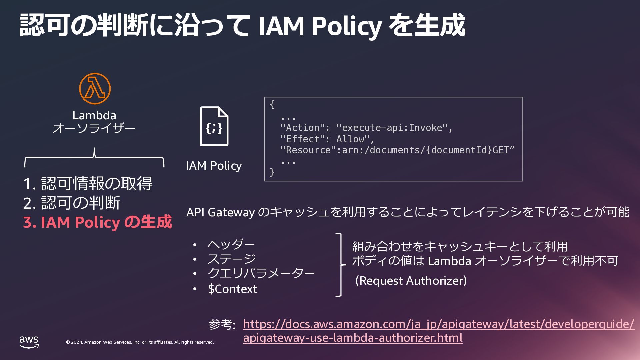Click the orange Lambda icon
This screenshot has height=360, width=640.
95,89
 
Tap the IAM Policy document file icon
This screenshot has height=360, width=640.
214,126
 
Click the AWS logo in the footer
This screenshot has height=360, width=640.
29,342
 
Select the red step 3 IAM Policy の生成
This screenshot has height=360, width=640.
97,222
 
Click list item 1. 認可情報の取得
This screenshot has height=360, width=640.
88,183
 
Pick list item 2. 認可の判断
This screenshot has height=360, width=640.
72,203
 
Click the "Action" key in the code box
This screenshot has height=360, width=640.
303,128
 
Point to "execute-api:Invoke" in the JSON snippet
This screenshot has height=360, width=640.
392,128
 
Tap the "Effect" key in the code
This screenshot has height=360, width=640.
303,139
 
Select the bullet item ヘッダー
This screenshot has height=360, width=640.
231,244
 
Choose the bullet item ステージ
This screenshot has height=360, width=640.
232,259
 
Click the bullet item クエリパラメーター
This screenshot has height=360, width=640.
261,273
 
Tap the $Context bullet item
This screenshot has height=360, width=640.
232,289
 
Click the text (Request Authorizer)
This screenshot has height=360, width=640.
411,281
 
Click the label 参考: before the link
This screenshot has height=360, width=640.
222,324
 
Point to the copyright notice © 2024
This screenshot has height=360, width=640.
140,342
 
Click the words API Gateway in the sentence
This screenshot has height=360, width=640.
220,212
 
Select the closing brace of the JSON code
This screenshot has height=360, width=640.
272,172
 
